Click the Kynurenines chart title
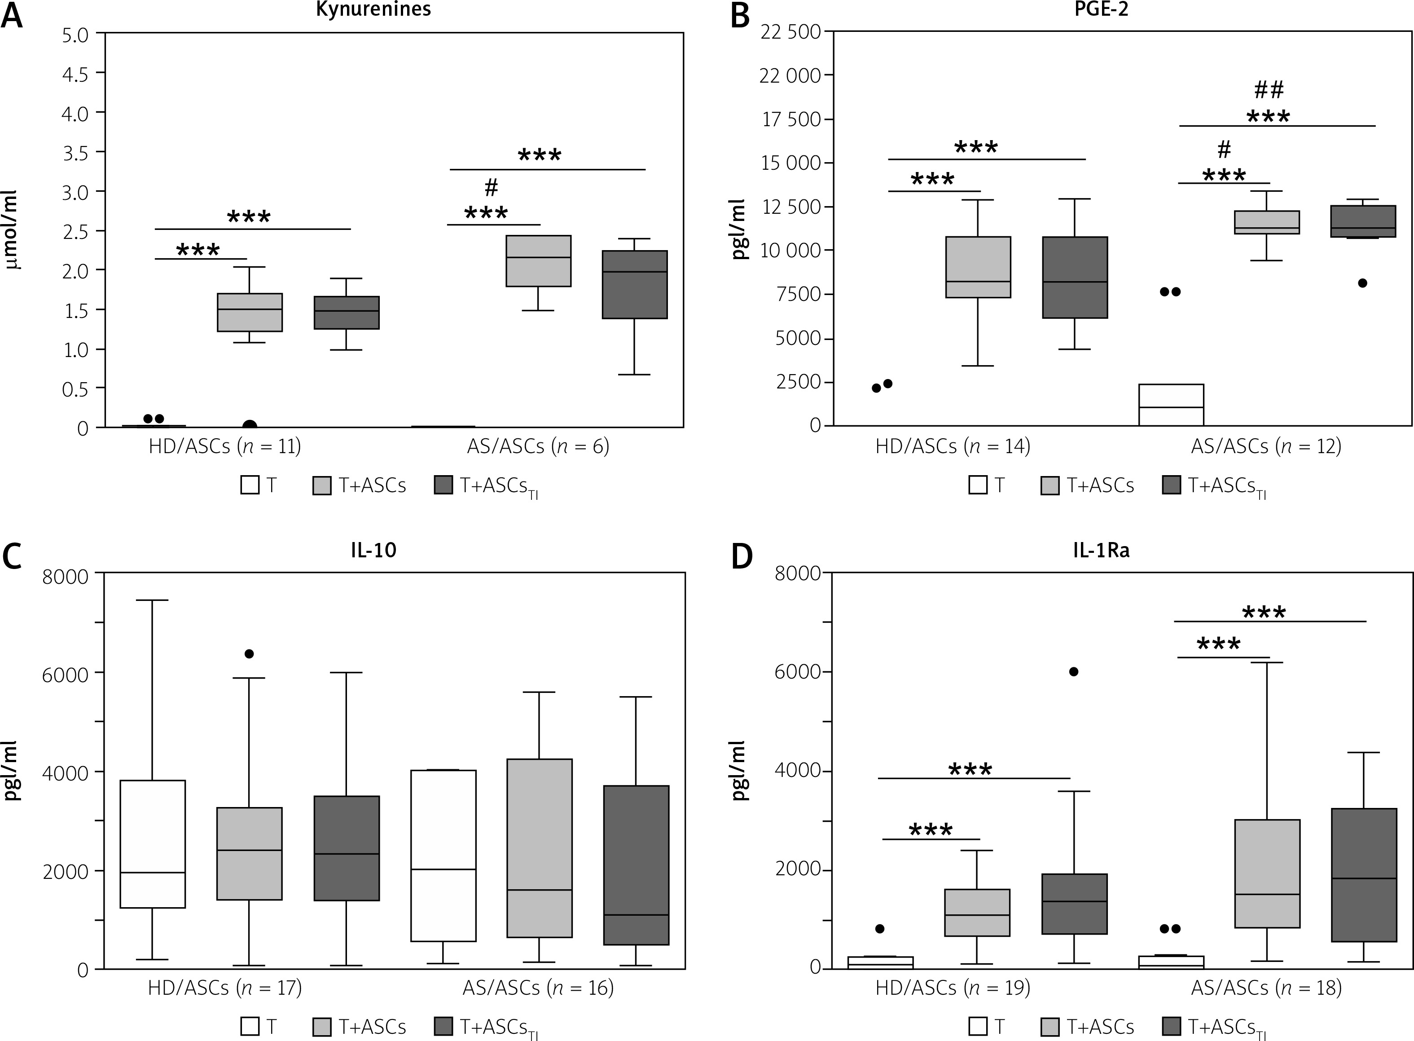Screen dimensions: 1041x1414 [373, 9]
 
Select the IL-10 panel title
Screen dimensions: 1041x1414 [373, 550]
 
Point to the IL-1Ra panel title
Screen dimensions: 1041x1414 [1101, 550]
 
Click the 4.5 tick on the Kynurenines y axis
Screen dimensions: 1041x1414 [75, 73]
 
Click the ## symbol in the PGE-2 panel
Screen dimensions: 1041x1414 [1269, 90]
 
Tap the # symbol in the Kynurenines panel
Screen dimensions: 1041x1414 [491, 187]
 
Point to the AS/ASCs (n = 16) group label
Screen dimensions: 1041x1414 [538, 988]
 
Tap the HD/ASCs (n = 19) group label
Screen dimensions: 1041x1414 [953, 988]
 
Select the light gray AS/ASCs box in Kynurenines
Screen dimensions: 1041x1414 [539, 261]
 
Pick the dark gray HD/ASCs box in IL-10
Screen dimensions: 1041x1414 [347, 848]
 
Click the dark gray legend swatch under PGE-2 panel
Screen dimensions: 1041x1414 [1171, 485]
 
